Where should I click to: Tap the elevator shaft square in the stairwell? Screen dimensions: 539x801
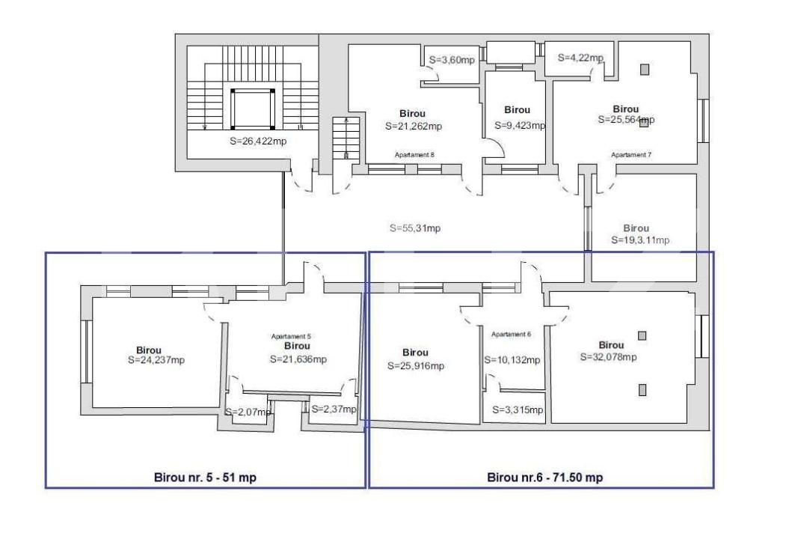click(x=252, y=109)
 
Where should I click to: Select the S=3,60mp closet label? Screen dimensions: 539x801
click(x=452, y=60)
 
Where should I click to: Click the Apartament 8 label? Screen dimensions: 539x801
click(x=414, y=155)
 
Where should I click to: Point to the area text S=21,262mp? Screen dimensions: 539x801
click(x=414, y=127)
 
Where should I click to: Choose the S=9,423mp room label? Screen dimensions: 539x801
click(x=520, y=126)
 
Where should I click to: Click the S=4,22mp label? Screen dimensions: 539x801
click(x=580, y=58)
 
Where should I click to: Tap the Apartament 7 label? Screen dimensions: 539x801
click(x=631, y=155)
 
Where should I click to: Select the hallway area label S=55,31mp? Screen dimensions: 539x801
click(x=415, y=228)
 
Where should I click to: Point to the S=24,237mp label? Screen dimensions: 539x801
click(x=156, y=360)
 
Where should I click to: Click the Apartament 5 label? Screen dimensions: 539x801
click(x=291, y=337)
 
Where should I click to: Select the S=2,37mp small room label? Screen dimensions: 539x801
click(x=334, y=409)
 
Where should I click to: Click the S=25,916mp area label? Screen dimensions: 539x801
click(x=416, y=366)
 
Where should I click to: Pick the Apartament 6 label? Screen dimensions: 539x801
click(x=512, y=334)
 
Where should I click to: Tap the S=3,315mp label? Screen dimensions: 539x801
click(x=518, y=410)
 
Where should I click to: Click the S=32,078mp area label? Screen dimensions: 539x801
click(x=608, y=357)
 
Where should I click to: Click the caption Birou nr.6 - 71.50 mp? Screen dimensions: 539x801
click(x=544, y=478)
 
